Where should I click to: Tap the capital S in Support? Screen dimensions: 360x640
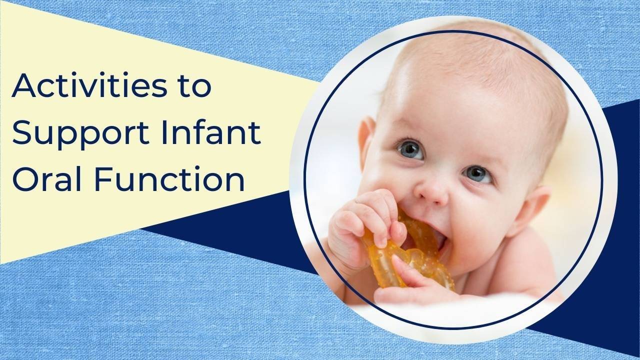pos(21,133)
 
